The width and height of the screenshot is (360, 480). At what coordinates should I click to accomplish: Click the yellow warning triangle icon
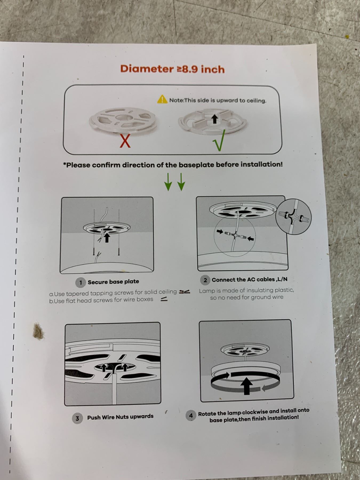coord(162,99)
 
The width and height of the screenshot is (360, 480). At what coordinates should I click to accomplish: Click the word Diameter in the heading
coord(147,69)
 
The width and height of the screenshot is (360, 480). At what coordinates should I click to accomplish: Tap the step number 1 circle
coord(81,282)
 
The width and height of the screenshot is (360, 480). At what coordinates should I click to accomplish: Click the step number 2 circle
coord(205,280)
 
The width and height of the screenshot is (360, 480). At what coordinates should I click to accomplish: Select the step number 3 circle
coord(77,418)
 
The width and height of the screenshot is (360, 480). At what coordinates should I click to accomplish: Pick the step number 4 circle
coord(191,415)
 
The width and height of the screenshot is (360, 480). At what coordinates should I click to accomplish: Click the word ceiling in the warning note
coord(256,101)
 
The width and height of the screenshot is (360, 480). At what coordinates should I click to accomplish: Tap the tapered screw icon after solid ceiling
coord(185,292)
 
